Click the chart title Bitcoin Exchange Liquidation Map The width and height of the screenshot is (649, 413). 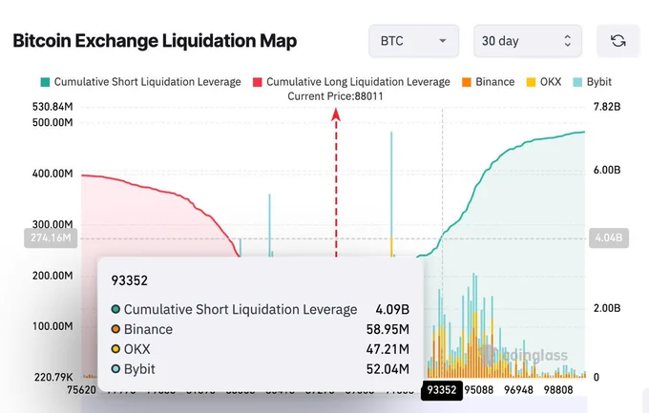(155, 41)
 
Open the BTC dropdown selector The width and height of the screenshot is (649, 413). (413, 41)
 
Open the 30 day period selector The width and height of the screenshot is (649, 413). (526, 41)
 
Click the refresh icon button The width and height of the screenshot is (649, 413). (618, 41)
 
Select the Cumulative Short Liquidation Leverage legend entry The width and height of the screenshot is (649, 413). (140, 82)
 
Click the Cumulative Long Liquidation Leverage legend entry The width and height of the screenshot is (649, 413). (350, 82)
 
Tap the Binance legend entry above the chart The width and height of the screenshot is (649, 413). (488, 82)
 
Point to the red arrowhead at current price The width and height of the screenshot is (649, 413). (336, 114)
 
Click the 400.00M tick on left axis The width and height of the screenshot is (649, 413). (52, 174)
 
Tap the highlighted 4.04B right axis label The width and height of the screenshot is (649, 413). (608, 237)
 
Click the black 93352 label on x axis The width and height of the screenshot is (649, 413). (442, 389)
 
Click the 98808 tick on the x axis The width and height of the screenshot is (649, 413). (579, 389)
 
